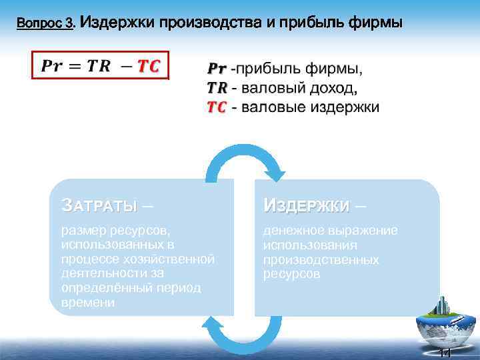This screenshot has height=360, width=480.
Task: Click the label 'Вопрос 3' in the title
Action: point(45,24)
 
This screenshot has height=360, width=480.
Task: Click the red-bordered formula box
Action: point(98,65)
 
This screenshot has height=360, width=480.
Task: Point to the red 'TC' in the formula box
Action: point(148,65)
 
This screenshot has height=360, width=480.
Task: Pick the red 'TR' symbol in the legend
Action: point(217,88)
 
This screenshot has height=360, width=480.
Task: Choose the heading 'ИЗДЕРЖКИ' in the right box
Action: point(306,205)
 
